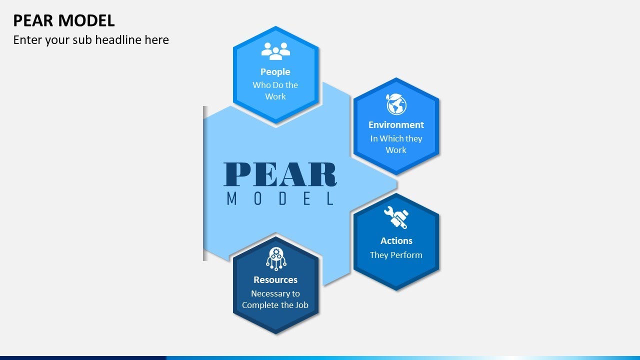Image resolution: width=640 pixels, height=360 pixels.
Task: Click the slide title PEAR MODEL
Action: coord(64,20)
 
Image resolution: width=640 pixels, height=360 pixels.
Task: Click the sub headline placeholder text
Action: coord(91,40)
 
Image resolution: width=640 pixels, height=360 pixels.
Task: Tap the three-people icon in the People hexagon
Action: coord(275,51)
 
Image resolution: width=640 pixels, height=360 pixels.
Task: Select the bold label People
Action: coord(275,72)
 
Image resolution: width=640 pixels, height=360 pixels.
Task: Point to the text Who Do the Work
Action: coord(275,90)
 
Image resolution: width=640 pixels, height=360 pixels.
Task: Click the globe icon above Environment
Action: coord(396,104)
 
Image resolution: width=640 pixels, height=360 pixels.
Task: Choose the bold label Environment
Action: coord(396,125)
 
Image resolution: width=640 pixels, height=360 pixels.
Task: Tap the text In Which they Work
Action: coord(396,144)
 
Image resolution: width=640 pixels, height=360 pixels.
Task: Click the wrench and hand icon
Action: coord(396,218)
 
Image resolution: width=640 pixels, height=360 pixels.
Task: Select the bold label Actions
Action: coord(396,241)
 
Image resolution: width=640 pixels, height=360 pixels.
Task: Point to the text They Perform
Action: coord(396,255)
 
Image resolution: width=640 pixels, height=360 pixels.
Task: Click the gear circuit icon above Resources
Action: coord(275,258)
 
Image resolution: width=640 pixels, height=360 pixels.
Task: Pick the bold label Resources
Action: coord(275,280)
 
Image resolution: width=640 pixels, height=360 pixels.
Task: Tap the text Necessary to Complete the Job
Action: coord(275,299)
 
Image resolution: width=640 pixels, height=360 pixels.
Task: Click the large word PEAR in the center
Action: coord(280,174)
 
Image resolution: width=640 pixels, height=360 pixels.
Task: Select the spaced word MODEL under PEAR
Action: coord(280,198)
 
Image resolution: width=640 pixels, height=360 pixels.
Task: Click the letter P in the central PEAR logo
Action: coord(237,174)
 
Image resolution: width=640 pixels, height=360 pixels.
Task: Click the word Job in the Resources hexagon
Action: coord(301,305)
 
